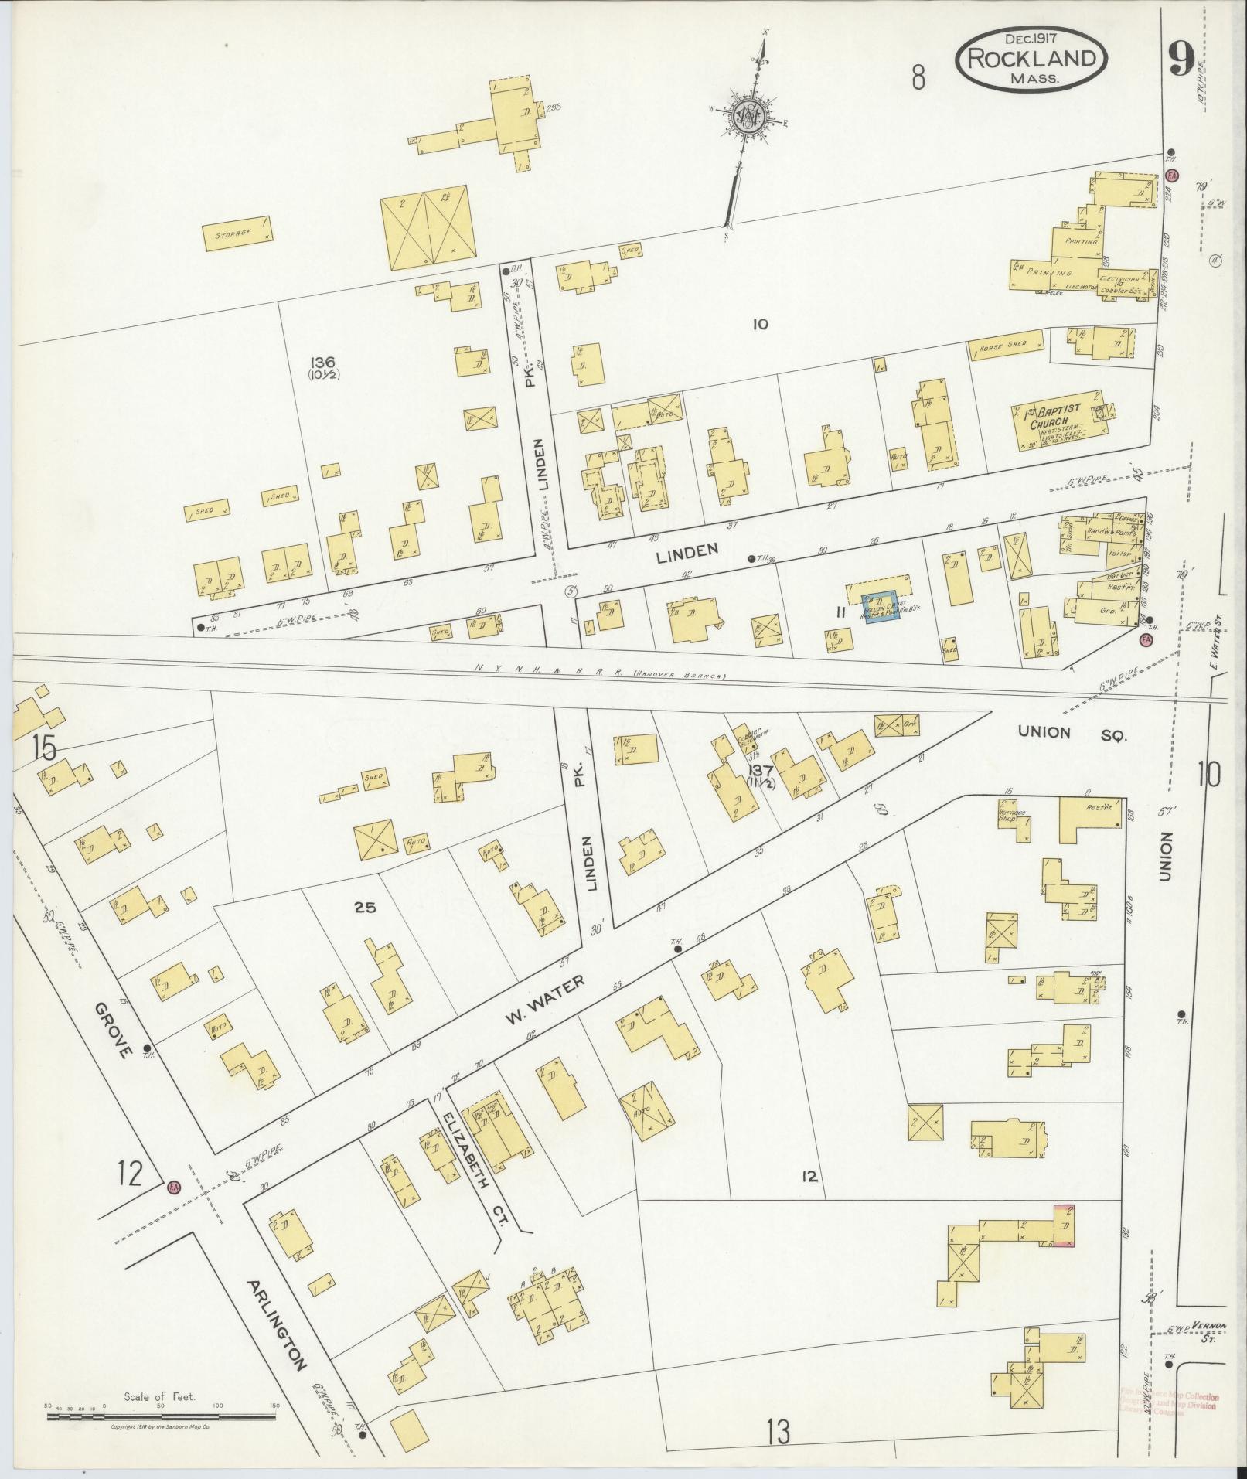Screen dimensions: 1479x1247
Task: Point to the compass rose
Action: coord(748,117)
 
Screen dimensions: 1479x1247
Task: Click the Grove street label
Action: coord(111,1031)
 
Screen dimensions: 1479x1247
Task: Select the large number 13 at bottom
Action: coord(779,1433)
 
